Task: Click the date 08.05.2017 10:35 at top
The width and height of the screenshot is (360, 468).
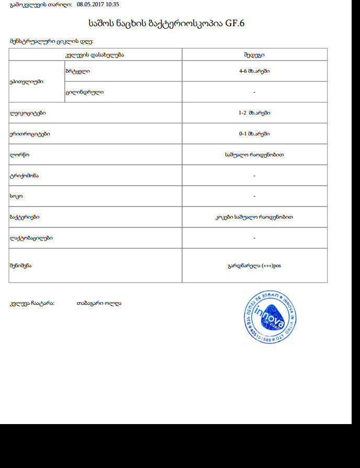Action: point(98,4)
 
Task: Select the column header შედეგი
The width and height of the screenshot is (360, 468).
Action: point(254,54)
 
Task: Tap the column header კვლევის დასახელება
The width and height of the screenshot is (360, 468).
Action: point(95,54)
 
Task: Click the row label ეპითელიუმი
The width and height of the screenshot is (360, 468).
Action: point(26,82)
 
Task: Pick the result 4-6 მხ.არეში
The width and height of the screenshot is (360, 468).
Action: point(254,71)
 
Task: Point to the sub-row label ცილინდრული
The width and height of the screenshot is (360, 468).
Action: point(84,92)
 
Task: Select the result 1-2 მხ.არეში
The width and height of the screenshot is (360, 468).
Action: point(254,113)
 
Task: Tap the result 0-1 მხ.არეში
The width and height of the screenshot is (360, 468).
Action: point(254,134)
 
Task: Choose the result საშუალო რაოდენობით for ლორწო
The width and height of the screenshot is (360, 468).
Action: point(254,155)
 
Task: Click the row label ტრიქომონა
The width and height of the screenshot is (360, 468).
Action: point(24,176)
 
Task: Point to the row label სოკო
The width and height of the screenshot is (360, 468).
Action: point(16,197)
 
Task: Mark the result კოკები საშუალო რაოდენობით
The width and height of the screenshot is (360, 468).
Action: point(254,217)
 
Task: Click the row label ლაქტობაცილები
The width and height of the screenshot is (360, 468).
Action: point(31,238)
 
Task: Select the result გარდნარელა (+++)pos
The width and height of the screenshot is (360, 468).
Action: point(254,265)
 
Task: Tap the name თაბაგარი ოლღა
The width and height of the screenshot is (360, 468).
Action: point(99,303)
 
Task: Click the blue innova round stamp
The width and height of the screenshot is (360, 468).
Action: point(270,317)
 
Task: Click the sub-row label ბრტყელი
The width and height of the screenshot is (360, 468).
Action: point(77,71)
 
